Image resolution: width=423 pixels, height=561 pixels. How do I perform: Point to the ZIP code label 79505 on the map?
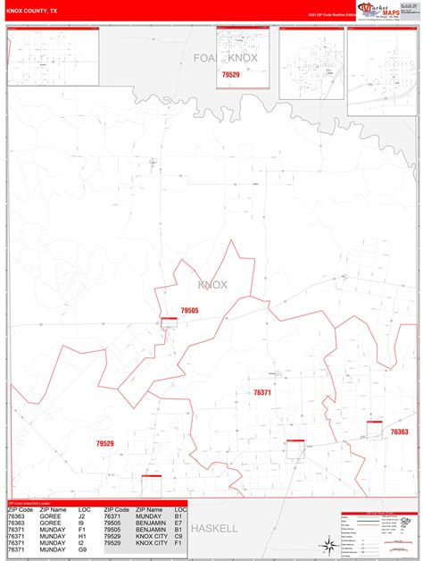pos(189,310)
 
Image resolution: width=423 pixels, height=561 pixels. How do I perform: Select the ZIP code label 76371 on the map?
pos(262,392)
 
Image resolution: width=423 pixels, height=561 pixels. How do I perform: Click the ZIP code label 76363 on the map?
pos(399,431)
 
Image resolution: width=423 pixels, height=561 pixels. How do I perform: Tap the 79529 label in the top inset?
pos(230,75)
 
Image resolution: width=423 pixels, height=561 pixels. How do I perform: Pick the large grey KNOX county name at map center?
pos(212,285)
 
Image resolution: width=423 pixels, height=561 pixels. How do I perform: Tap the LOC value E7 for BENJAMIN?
pos(179,529)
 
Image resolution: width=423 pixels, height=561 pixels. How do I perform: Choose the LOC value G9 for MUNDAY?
pos(82,549)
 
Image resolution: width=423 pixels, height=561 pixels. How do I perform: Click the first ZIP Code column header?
pos(21,508)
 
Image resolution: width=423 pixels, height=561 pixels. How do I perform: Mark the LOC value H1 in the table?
pos(82,536)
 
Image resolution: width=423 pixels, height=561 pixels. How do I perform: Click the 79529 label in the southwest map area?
pos(105,443)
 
